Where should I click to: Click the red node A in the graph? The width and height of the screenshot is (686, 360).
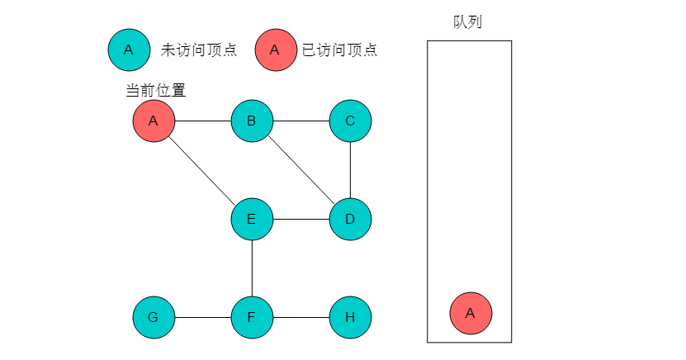click(154, 121)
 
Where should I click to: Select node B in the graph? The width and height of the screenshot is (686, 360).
click(252, 121)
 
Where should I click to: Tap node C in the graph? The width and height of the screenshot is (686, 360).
click(350, 121)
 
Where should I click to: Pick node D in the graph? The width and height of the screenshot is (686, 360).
click(350, 219)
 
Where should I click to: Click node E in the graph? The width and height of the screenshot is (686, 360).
click(252, 219)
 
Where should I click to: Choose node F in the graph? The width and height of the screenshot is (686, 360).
click(252, 317)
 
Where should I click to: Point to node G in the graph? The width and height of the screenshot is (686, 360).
click(154, 317)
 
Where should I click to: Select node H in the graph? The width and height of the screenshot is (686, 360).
click(350, 317)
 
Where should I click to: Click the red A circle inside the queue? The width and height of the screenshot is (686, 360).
click(471, 313)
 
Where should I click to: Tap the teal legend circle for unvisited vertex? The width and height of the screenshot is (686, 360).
click(128, 50)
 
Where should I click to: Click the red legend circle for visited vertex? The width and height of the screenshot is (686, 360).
click(276, 50)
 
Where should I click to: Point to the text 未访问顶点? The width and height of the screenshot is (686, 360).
click(198, 50)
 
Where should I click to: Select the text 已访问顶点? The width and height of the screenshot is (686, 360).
click(339, 50)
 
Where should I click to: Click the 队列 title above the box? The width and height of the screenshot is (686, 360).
click(467, 22)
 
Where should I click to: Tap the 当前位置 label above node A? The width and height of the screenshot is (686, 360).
click(155, 90)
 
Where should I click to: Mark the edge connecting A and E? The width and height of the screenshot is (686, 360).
click(202, 170)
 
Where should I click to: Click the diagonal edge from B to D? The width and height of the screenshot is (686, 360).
click(300, 170)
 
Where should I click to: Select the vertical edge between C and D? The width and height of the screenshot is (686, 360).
click(350, 170)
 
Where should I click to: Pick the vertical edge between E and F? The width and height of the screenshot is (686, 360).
click(252, 268)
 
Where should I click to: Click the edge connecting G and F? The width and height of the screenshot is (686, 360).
click(202, 317)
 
